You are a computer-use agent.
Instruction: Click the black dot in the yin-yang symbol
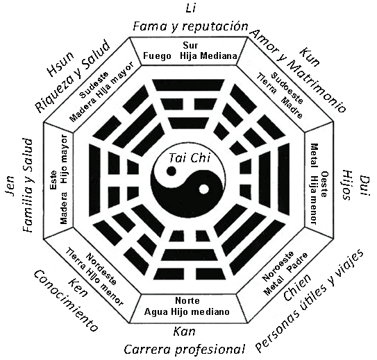171,171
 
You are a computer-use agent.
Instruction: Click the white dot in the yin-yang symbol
204,189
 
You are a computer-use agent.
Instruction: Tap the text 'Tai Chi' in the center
190,158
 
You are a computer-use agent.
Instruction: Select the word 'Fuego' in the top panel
157,56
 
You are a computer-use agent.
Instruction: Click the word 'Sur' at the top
190,45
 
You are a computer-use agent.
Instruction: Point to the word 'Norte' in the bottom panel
187,300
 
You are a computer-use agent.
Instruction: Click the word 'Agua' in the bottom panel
157,312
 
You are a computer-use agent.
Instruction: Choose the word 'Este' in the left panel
53,180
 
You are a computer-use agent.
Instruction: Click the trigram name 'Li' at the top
191,8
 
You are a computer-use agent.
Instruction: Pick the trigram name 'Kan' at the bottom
184,332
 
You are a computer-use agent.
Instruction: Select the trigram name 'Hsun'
60,65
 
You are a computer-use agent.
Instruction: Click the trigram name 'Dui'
365,185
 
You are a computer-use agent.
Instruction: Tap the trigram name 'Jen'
10,186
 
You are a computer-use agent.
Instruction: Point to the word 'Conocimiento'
66,300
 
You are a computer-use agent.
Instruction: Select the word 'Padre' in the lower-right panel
297,262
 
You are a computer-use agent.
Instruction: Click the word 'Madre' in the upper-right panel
292,108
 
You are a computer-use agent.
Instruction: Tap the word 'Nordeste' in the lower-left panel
101,268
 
